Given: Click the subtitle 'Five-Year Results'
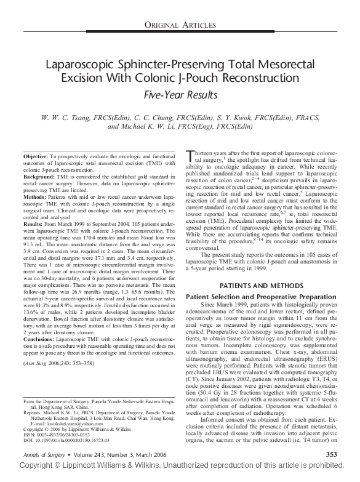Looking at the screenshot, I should tap(180, 95).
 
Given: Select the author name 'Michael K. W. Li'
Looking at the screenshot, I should tap(143, 127).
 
